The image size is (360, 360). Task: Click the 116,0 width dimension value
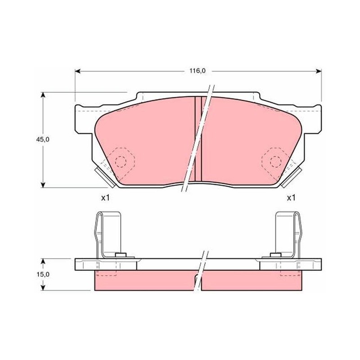click(x=197, y=71)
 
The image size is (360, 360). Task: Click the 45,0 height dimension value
click(x=43, y=139)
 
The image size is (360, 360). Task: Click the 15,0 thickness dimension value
click(x=43, y=274)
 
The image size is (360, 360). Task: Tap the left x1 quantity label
click(x=105, y=198)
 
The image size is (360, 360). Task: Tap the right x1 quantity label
click(x=291, y=198)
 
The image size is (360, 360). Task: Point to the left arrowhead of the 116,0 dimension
click(x=77, y=71)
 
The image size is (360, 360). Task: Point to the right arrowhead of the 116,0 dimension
click(x=319, y=71)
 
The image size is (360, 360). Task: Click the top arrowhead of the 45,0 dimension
click(x=43, y=95)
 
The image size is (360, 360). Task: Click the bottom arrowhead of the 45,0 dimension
click(x=43, y=185)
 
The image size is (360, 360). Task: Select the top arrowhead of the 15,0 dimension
click(x=43, y=261)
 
